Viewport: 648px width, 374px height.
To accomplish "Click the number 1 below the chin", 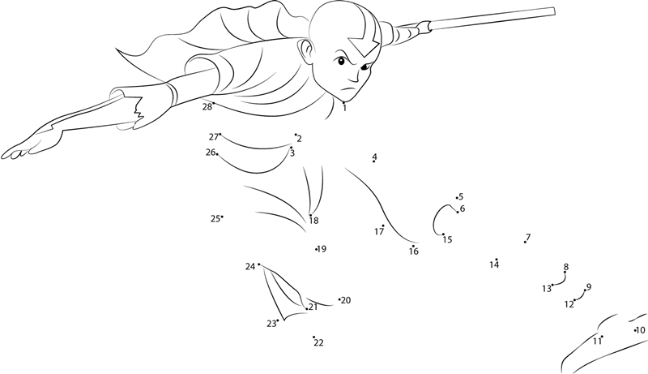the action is click(344, 109).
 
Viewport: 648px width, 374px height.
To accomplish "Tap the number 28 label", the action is click(207, 107).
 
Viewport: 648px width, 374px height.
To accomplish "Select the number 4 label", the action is click(374, 157).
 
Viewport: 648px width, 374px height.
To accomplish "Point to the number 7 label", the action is click(528, 237).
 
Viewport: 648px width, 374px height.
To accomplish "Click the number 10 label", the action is click(640, 330).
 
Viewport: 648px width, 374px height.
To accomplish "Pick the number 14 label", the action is click(494, 264).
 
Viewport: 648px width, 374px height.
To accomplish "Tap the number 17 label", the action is click(379, 232).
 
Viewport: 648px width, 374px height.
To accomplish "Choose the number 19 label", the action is click(322, 248).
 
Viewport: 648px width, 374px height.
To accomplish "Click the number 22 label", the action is click(318, 342).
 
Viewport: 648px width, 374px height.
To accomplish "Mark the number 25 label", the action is click(215, 219).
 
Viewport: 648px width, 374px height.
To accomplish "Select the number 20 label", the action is click(346, 300).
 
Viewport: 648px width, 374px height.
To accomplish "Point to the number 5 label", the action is click(461, 196).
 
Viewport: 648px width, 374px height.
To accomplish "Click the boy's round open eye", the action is click(341, 62).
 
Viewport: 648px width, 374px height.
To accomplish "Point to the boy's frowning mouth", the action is click(347, 90).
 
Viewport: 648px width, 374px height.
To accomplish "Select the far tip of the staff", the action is click(553, 11).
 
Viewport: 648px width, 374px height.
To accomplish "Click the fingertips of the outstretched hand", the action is click(9, 155).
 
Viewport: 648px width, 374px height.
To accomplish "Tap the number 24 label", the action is click(250, 267).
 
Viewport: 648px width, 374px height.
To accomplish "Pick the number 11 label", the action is click(597, 342).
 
